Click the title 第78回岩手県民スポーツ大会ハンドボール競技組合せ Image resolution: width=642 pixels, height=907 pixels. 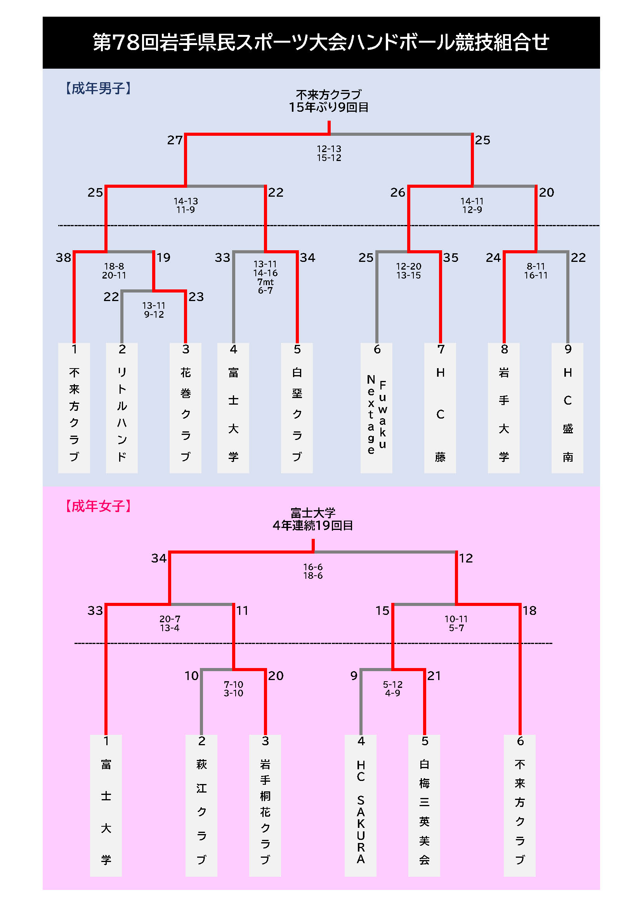[x=321, y=42]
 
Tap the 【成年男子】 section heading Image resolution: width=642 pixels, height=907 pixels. [x=98, y=88]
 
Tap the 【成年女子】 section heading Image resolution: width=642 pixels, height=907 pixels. [x=98, y=506]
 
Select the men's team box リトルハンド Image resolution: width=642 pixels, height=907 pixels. [x=122, y=408]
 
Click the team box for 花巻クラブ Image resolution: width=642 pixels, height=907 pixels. [x=186, y=408]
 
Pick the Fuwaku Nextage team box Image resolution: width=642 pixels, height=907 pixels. [x=377, y=408]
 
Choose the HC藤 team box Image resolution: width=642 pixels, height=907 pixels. [x=440, y=408]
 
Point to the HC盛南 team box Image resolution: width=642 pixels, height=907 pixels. [x=567, y=408]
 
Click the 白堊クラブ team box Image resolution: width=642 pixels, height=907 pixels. [x=297, y=408]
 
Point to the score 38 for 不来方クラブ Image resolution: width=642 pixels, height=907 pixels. [x=63, y=258]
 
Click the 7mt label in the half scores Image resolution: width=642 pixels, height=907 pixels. [x=265, y=282]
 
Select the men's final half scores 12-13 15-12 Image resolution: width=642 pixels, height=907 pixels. [x=329, y=153]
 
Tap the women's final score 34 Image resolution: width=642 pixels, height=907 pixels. [x=159, y=558]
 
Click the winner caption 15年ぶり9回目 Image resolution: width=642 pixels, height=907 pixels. [x=329, y=107]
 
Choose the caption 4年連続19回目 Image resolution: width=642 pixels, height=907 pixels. [x=313, y=526]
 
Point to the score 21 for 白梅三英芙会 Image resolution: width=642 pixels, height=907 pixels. [x=434, y=676]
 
